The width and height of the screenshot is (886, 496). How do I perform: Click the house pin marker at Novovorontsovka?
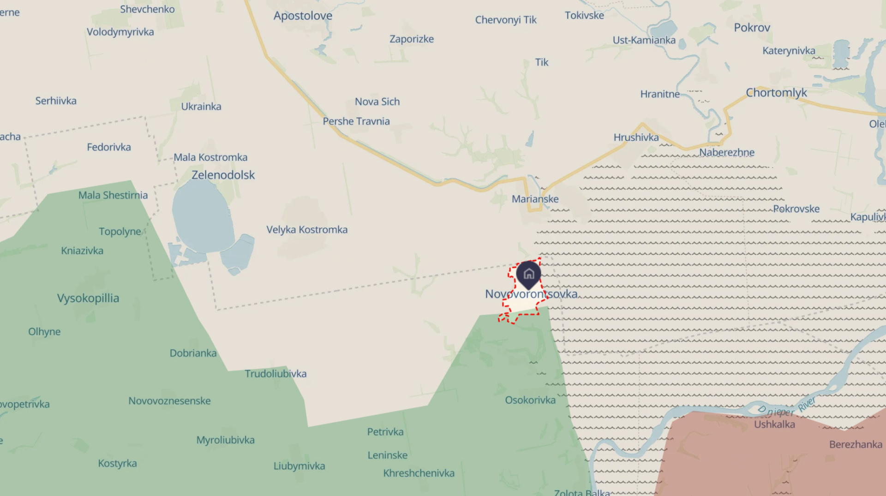[x=528, y=274]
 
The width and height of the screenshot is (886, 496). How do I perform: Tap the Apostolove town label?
[x=303, y=16]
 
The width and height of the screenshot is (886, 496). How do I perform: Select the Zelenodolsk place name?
[x=223, y=175]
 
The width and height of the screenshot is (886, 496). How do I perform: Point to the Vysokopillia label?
[x=88, y=298]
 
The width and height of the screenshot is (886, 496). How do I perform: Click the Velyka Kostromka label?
[x=307, y=229]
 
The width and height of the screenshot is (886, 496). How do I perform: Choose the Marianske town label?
[x=535, y=199]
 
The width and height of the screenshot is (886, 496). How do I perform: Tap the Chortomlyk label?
[x=776, y=93]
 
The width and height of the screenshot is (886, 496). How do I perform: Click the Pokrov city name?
[x=752, y=28]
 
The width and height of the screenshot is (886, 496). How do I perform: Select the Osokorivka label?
[x=530, y=400]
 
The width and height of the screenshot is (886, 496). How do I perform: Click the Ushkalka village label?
[x=774, y=424]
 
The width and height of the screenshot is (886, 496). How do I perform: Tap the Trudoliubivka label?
[x=275, y=373]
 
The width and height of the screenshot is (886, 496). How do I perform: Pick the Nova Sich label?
[x=377, y=102]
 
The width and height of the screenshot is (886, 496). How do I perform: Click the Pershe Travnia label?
[x=356, y=121]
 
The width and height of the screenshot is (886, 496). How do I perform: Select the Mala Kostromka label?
[x=210, y=157]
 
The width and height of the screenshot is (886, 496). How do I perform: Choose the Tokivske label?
[x=584, y=16]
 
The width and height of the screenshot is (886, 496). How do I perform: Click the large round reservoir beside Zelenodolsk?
[x=202, y=217]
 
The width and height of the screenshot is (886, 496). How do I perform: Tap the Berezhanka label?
[x=856, y=444]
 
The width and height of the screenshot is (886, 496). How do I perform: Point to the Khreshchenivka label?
[x=419, y=473]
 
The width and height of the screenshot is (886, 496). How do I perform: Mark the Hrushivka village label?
[x=636, y=137]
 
